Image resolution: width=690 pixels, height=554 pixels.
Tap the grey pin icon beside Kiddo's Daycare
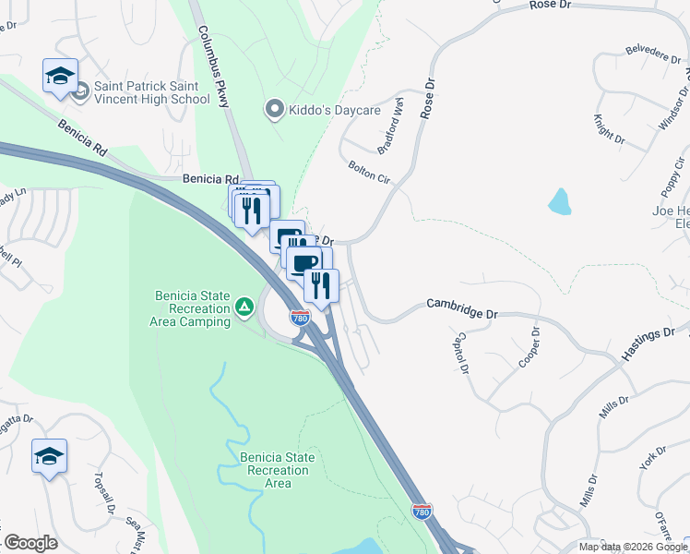(274, 110)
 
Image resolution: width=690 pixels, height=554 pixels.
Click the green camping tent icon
(244, 306)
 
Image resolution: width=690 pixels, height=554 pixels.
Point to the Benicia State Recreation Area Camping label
(190, 308)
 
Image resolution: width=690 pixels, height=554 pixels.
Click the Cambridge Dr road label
(461, 309)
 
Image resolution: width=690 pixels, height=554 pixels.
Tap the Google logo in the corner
(30, 543)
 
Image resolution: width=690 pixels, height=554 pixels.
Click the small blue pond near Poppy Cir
(559, 201)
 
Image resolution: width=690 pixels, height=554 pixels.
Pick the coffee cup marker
(303, 263)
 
